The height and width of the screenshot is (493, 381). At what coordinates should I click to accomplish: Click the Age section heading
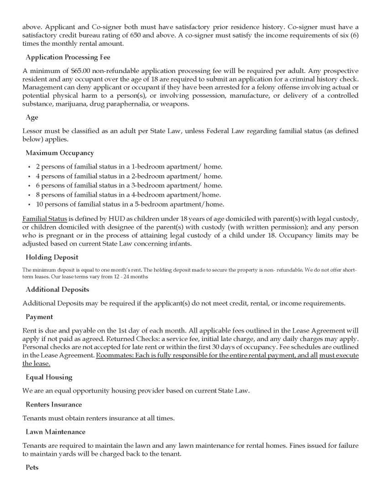pos(32,118)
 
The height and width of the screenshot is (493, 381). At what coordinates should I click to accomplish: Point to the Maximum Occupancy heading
pos(60,153)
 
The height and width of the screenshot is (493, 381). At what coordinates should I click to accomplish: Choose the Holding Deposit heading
pos(52,257)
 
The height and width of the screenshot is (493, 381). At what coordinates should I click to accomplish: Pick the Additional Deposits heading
pos(57,290)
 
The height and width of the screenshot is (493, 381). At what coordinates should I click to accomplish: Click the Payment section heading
pos(39,317)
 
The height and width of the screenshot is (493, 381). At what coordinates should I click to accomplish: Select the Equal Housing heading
pos(49,378)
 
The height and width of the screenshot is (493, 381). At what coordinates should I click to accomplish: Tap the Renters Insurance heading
pos(54,404)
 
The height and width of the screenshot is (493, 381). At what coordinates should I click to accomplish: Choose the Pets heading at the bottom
pos(32,468)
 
